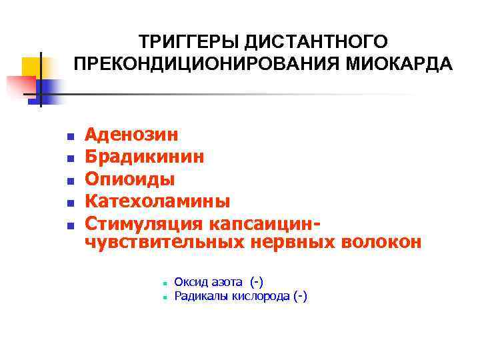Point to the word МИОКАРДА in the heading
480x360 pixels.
(x=397, y=65)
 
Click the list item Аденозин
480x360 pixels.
(x=131, y=135)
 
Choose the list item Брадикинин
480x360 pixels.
(x=145, y=157)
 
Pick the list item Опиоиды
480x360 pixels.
(x=130, y=179)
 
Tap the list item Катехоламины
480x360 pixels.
(x=157, y=201)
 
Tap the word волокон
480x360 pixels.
(x=381, y=242)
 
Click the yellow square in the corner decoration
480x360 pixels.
(x=32, y=67)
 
